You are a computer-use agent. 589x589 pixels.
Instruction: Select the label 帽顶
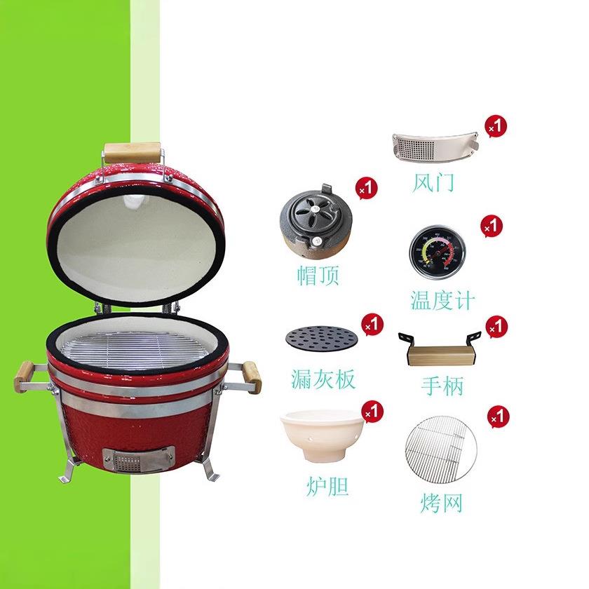pyautogui.click(x=318, y=276)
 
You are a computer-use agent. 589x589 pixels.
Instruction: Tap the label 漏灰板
pyautogui.click(x=323, y=379)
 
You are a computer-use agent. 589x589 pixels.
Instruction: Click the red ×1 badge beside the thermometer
pyautogui.click(x=492, y=226)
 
